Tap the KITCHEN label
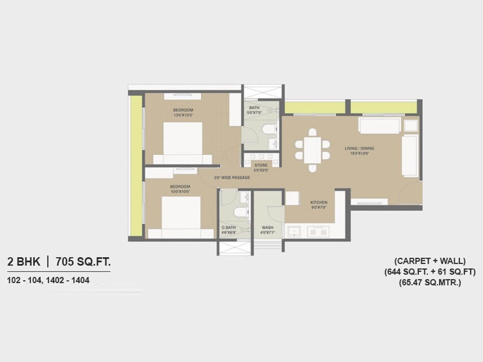[319, 202]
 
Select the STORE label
[261, 166]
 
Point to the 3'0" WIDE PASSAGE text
[232, 178]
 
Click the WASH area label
[267, 227]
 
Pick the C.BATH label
[228, 227]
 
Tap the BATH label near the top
[254, 107]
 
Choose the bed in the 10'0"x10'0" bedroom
[181, 216]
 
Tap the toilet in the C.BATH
[239, 212]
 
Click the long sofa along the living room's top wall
[379, 125]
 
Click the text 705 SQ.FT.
[83, 263]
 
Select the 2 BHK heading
[24, 263]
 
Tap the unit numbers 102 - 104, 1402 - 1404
[48, 280]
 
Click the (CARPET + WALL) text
[430, 261]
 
